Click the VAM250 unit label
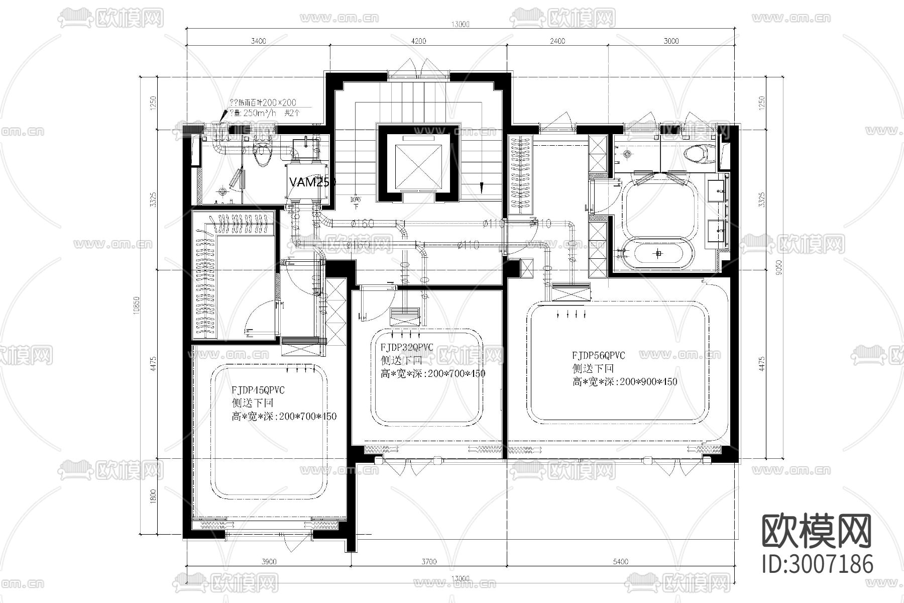(311, 182)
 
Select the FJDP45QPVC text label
(258, 390)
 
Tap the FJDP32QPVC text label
(406, 347)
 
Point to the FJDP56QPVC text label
(599, 355)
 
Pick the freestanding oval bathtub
(658, 254)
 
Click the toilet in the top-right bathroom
(698, 154)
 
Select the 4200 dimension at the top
(418, 41)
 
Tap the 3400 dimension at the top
(258, 41)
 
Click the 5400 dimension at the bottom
(620, 562)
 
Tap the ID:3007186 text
(818, 564)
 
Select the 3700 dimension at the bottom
(428, 562)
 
